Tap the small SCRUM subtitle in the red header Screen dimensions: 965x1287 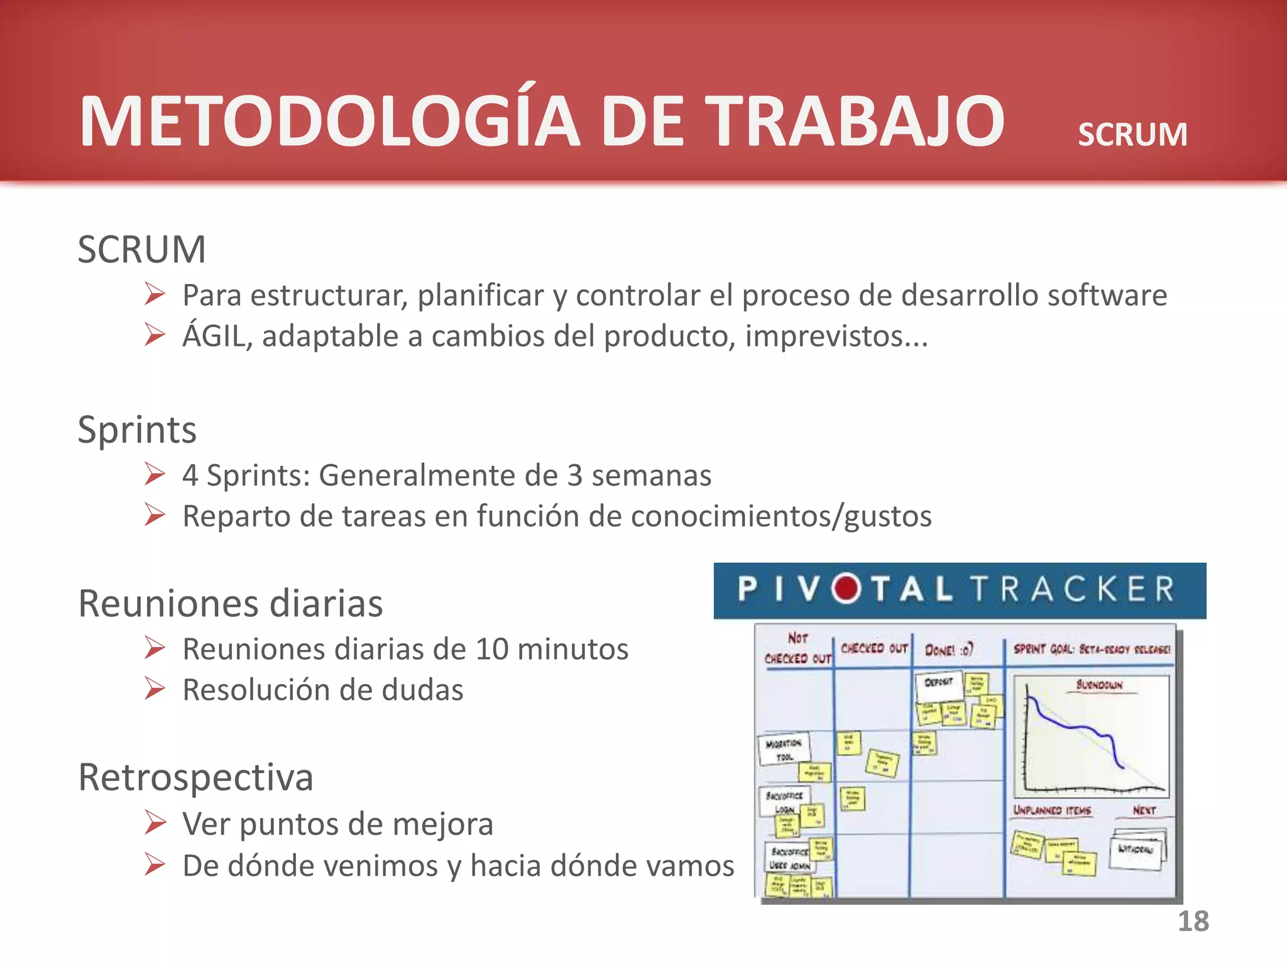[1132, 134]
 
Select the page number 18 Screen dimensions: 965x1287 [1193, 921]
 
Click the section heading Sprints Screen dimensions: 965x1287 [137, 430]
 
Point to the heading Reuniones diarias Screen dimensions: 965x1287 [230, 604]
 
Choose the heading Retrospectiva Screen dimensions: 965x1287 [195, 777]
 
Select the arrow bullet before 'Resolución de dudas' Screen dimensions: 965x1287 [155, 689]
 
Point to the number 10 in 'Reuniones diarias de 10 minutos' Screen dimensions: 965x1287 [492, 649]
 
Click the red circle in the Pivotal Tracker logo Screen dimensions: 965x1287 [846, 589]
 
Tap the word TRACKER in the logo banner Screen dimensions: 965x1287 [1072, 589]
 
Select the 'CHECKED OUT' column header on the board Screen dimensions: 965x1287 [874, 648]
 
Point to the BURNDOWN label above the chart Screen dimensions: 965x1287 [1098, 684]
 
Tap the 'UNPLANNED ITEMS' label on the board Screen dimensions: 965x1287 [1051, 810]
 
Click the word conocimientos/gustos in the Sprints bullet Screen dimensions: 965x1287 [780, 516]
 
